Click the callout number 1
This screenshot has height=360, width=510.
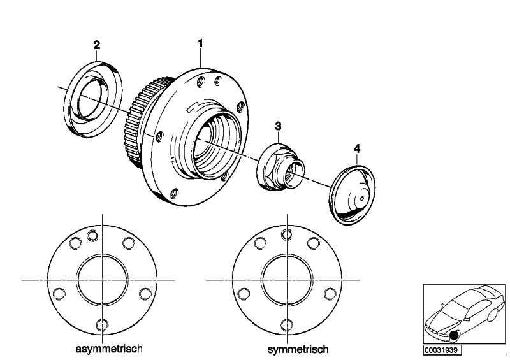coord(200,43)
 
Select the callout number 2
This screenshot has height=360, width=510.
coord(97,45)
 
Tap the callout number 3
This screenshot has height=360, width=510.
coord(278,127)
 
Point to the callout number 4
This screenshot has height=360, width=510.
coord(357,148)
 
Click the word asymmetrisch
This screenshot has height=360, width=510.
coord(108,349)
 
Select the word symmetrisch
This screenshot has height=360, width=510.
coord(298,349)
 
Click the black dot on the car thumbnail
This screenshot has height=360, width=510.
coord(455,336)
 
